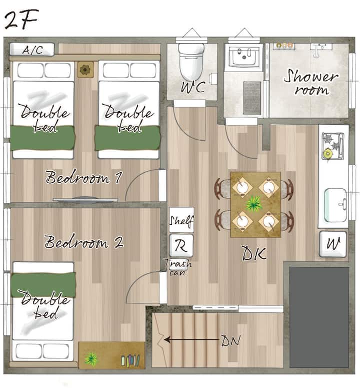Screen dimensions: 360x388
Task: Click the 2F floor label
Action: (21, 20)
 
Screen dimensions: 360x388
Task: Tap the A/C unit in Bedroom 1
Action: (32, 50)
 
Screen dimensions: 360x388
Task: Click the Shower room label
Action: (311, 82)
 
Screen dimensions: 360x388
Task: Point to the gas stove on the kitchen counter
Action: (333, 146)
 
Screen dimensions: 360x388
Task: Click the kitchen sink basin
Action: (335, 205)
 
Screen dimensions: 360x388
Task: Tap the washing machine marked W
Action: (333, 244)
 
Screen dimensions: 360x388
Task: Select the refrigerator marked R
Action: (181, 245)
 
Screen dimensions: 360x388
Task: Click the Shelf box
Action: (181, 220)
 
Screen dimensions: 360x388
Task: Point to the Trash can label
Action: (178, 267)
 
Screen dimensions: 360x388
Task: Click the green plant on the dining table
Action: (254, 204)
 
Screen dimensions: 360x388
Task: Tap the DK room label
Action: (254, 253)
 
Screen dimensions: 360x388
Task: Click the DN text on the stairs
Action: (230, 341)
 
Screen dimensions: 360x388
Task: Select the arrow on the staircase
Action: (191, 340)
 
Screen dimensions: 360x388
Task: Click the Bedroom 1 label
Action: (83, 177)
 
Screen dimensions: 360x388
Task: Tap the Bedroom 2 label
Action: (83, 241)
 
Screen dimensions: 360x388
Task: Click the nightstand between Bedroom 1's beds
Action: (85, 70)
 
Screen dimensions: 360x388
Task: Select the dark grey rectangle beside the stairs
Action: (319, 317)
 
